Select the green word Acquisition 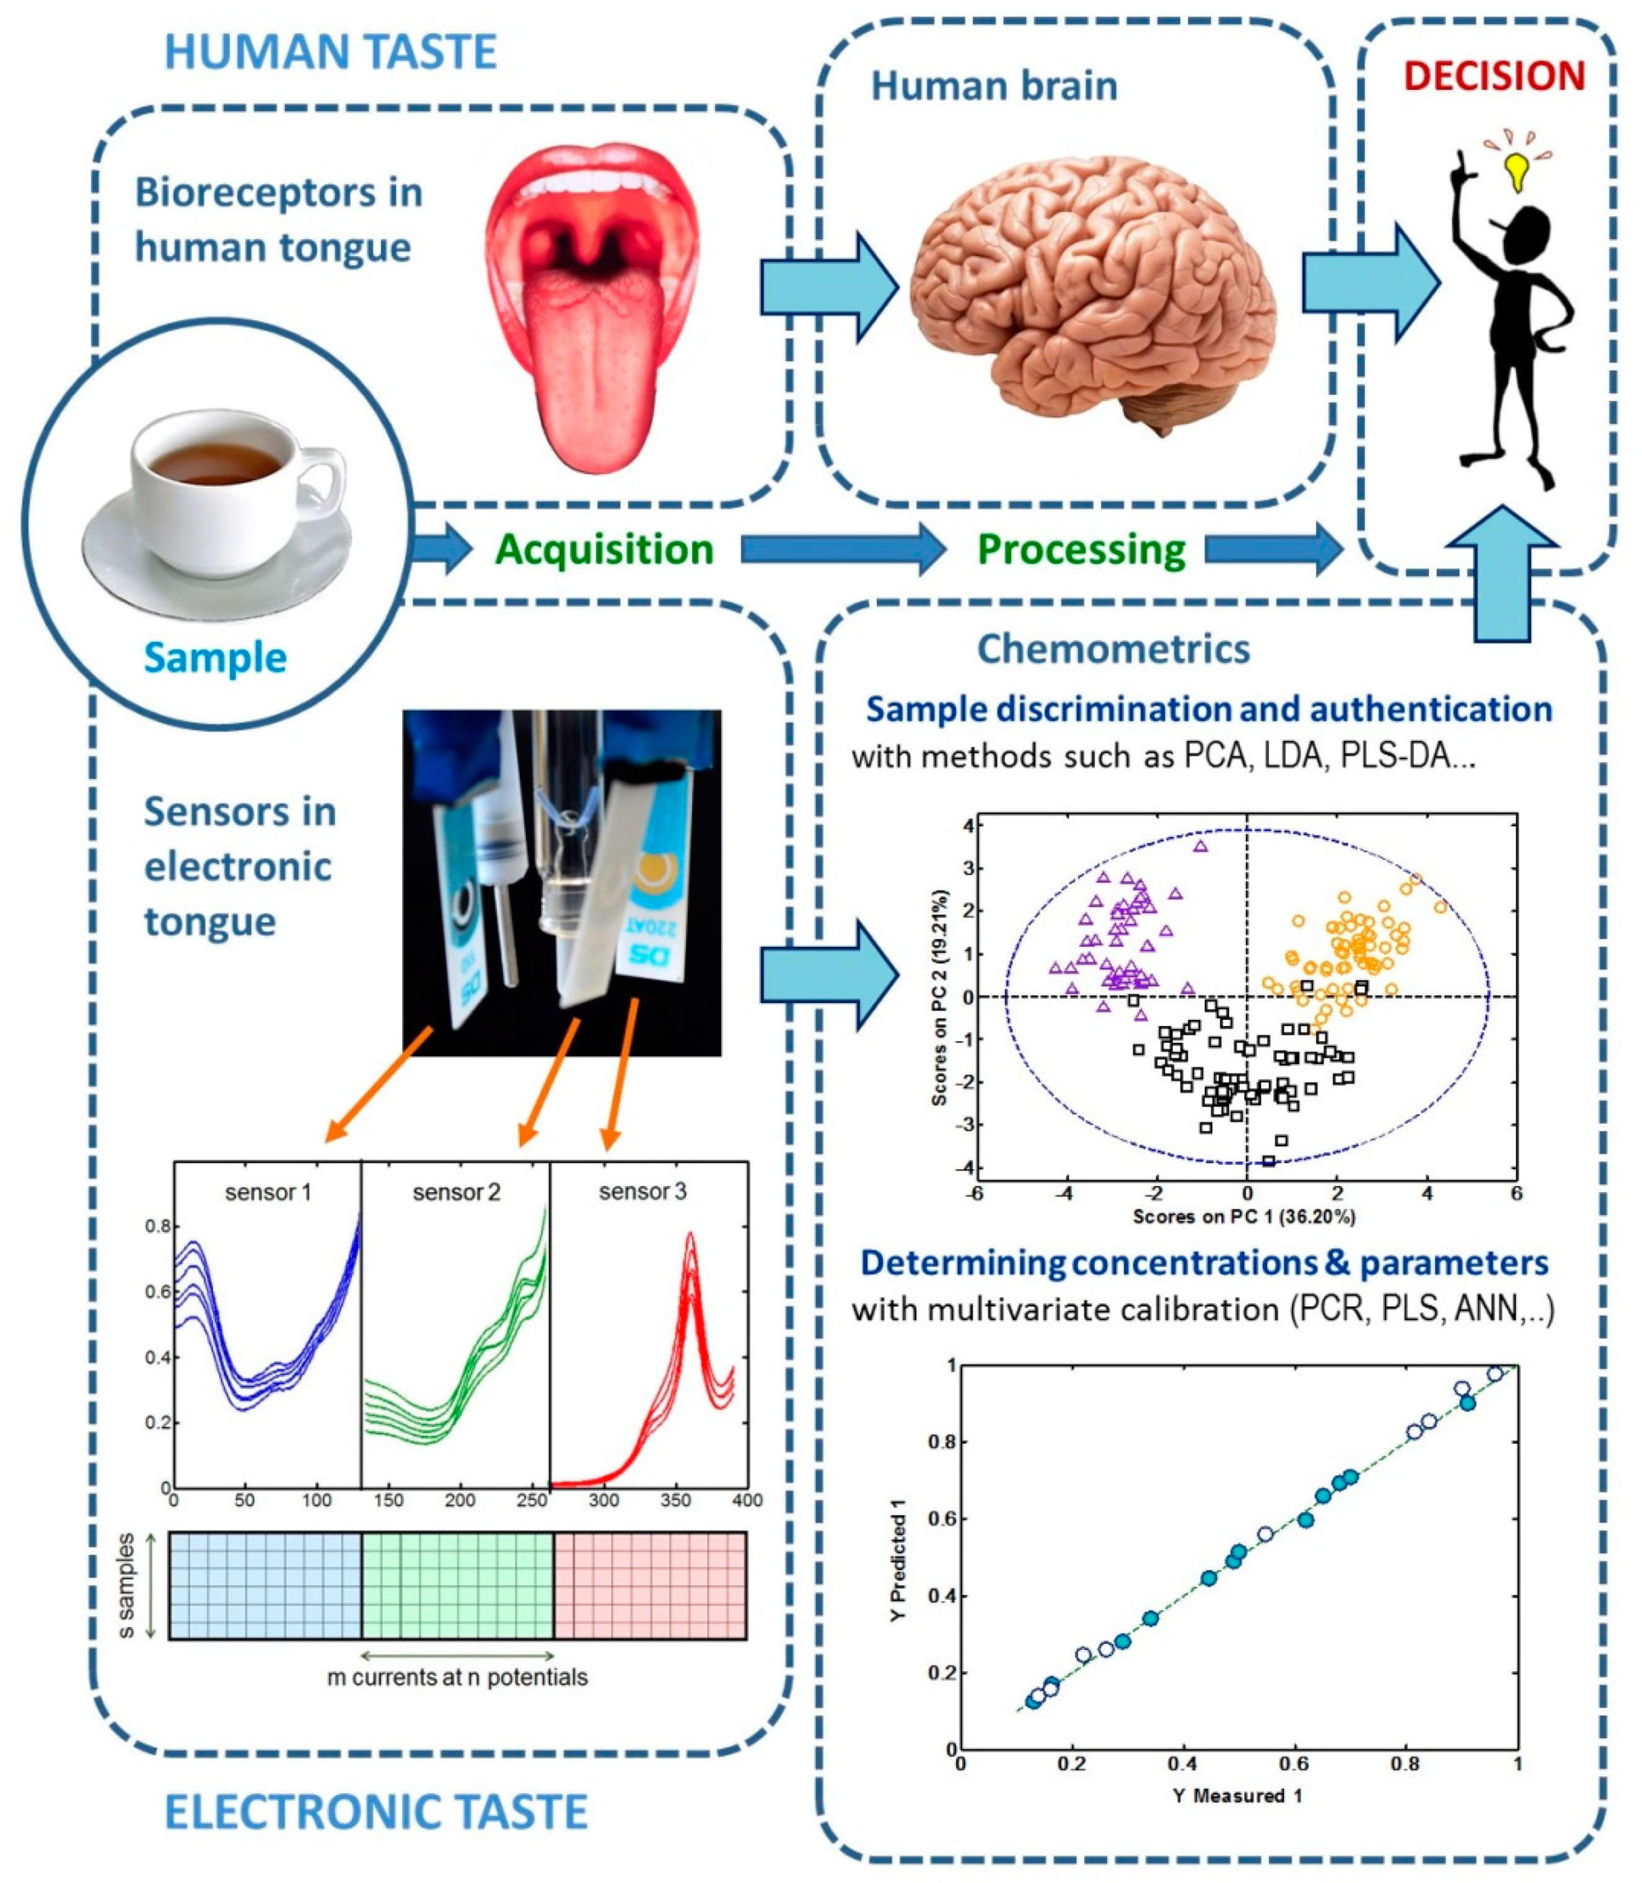pos(604,550)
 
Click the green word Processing pos(1081,550)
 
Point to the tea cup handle pos(323,476)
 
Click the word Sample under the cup pos(216,658)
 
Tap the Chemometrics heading pos(1113,649)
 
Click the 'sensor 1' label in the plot pos(268,1192)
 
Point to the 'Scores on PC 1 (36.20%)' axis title pos(1244,1217)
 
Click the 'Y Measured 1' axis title pos(1237,1795)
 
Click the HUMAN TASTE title pos(330,51)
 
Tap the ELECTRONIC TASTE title pos(375,1812)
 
